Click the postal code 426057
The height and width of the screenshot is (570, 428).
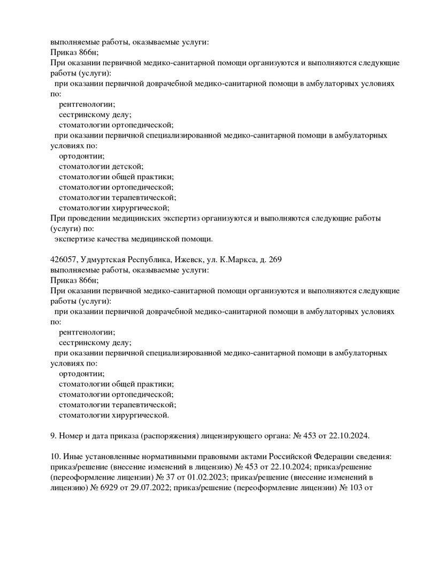(x=63, y=260)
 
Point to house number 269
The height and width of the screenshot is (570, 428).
(x=275, y=260)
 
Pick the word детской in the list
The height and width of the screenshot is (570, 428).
(x=127, y=166)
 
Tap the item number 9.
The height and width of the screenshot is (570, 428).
(x=52, y=436)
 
